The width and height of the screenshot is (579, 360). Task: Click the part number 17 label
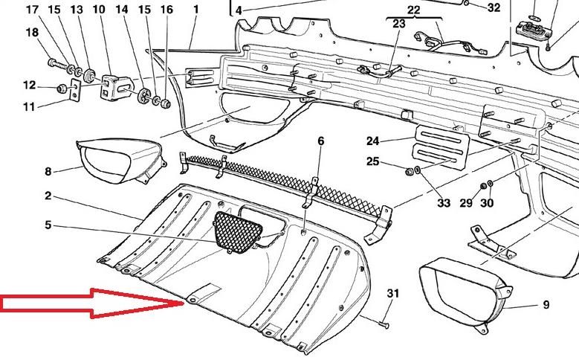(x=32, y=10)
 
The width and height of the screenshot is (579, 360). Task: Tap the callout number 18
(x=32, y=33)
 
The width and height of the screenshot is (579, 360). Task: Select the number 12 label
(x=29, y=85)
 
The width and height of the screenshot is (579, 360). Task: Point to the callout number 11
(x=29, y=107)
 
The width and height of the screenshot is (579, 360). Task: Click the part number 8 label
(x=48, y=172)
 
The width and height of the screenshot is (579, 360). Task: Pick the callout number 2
(x=48, y=196)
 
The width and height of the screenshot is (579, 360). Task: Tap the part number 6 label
(x=321, y=141)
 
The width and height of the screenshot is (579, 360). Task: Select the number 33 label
(x=444, y=203)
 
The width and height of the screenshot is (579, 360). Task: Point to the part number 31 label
(x=392, y=295)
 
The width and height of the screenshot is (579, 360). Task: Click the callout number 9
(x=546, y=304)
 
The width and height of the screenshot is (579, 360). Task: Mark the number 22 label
(x=414, y=10)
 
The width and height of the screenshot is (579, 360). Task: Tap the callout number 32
(x=494, y=8)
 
